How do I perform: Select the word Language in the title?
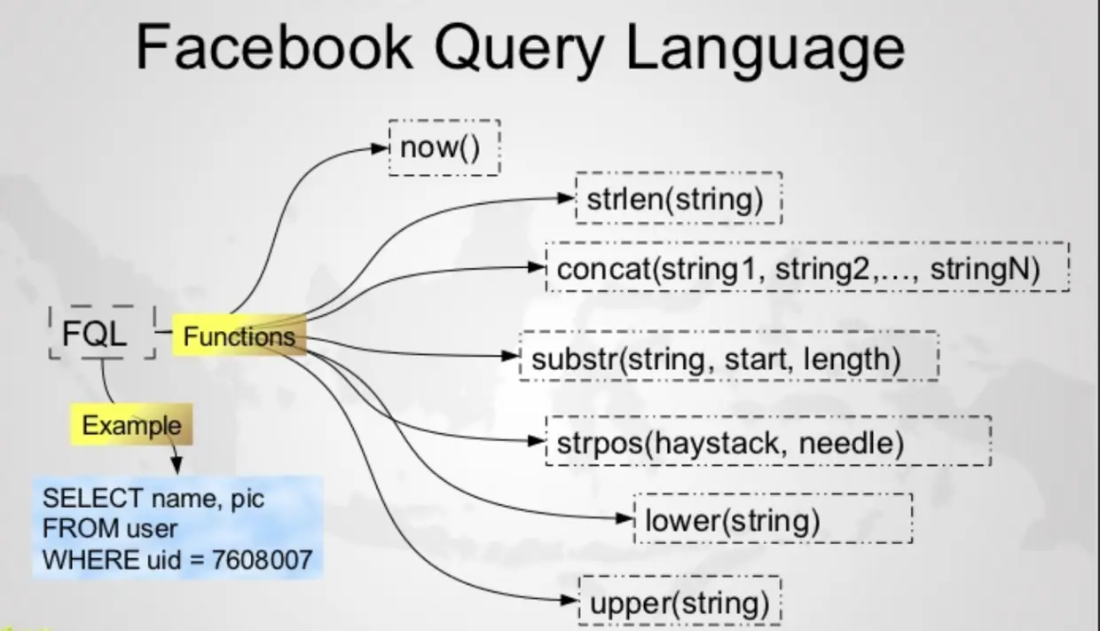pyautogui.click(x=765, y=49)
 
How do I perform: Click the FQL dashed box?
pyautogui.click(x=102, y=333)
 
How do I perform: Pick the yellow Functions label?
pyautogui.click(x=239, y=336)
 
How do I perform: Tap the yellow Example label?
pyautogui.click(x=131, y=425)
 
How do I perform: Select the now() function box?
pyautogui.click(x=444, y=147)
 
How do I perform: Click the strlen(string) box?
pyautogui.click(x=679, y=199)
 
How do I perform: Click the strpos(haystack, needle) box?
pyautogui.click(x=768, y=441)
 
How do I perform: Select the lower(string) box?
pyautogui.click(x=773, y=518)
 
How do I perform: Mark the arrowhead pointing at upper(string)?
pyautogui.click(x=570, y=601)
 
